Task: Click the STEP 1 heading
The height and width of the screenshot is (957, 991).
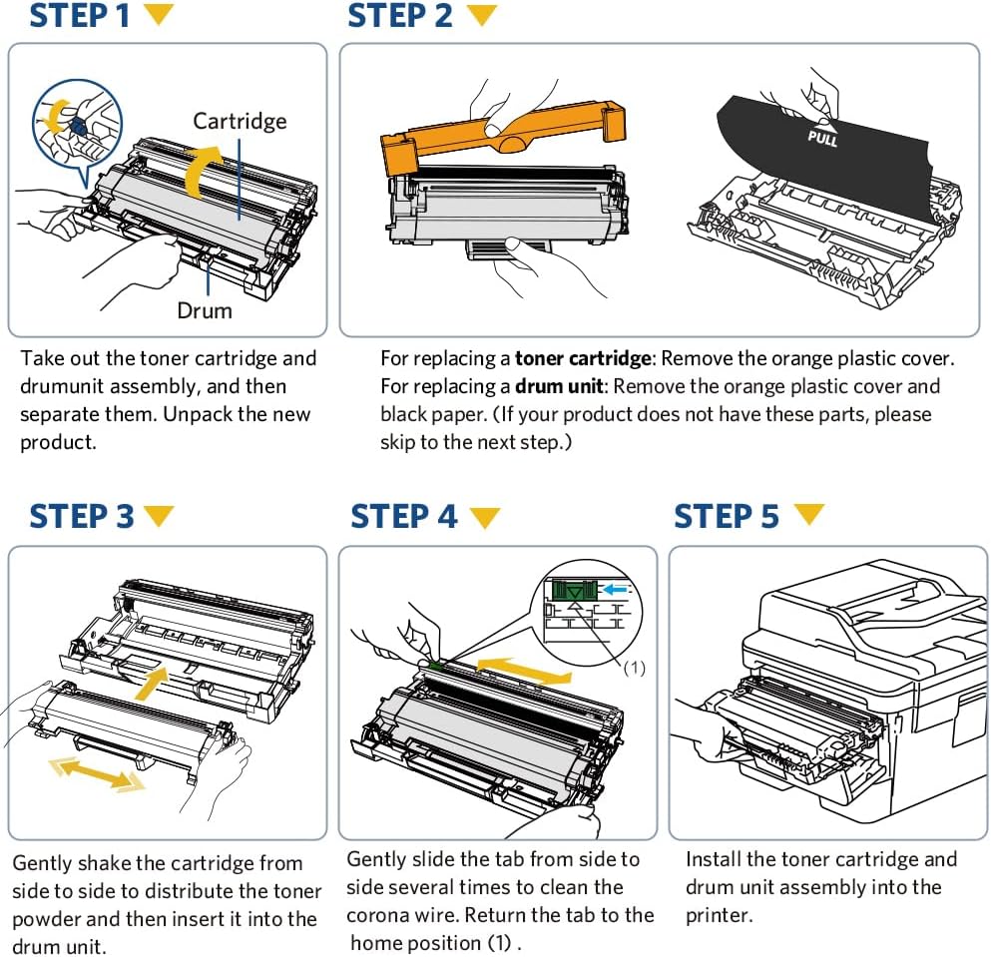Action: coord(80,17)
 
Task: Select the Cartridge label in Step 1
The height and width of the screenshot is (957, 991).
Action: coord(240,121)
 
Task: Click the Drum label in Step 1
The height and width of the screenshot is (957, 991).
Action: coord(204,310)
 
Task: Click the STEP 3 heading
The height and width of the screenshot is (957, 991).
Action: coord(81,517)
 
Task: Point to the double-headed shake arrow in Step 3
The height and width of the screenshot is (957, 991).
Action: coord(98,770)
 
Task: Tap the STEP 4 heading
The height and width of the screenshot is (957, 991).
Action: coord(403,517)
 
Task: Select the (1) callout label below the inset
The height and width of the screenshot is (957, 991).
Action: coord(635,669)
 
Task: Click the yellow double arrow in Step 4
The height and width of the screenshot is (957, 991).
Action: coord(523,669)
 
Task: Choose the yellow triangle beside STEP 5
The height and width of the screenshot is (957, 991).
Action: coord(809,515)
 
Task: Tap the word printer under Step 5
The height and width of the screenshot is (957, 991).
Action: coord(718,915)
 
